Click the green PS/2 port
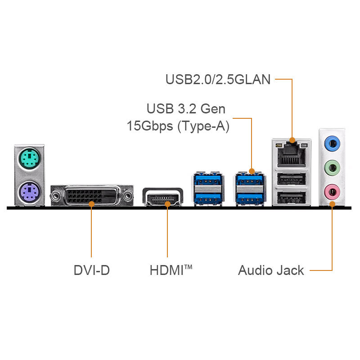[30, 158]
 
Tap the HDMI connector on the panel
[163, 197]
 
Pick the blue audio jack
[332, 144]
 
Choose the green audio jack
[332, 168]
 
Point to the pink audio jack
[332, 192]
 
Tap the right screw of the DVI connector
[127, 196]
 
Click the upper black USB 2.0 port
[291, 178]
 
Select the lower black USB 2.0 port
[291, 198]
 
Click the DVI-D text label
[92, 270]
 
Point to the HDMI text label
[171, 270]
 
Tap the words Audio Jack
[271, 270]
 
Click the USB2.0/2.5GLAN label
[218, 80]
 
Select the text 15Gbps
[150, 126]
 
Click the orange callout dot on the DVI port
[91, 204]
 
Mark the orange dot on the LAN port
[292, 140]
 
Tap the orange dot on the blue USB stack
[252, 171]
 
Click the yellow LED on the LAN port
[279, 145]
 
